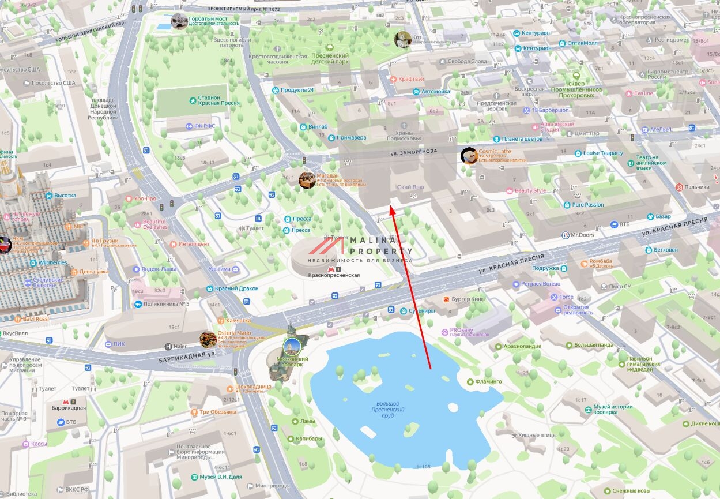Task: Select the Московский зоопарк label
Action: click(x=292, y=362)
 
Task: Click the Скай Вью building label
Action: click(x=410, y=187)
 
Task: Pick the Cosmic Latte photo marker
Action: click(x=469, y=155)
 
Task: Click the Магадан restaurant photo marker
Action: click(x=307, y=180)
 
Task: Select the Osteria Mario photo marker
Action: click(x=208, y=339)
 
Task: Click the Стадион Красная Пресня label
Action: click(x=218, y=100)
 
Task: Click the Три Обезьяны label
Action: click(x=218, y=412)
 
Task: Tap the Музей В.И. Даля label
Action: click(x=221, y=477)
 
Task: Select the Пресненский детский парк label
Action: click(x=330, y=58)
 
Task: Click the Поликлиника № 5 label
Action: click(x=167, y=304)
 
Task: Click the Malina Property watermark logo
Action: click(x=360, y=248)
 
